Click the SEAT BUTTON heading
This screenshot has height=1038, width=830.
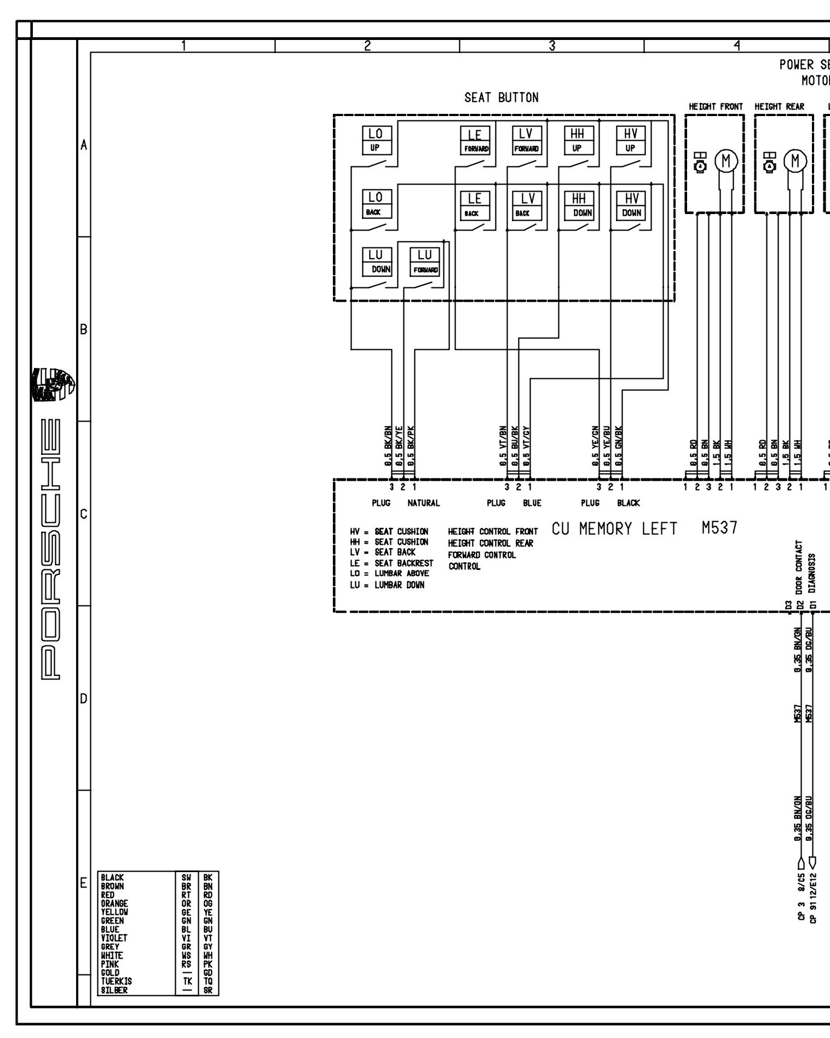coord(501,98)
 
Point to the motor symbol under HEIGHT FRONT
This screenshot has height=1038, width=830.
coord(727,161)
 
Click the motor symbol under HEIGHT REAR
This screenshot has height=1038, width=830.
coord(796,161)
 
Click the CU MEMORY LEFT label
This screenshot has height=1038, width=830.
coord(614,529)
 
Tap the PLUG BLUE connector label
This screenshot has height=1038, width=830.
coord(514,503)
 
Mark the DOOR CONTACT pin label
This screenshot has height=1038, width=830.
coord(800,568)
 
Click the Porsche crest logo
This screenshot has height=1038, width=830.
coord(54,385)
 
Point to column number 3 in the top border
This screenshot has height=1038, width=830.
coord(552,46)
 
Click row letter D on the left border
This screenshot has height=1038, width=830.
coord(83,699)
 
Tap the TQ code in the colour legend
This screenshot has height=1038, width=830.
coord(207,982)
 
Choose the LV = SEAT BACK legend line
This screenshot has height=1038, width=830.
coord(383,552)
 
